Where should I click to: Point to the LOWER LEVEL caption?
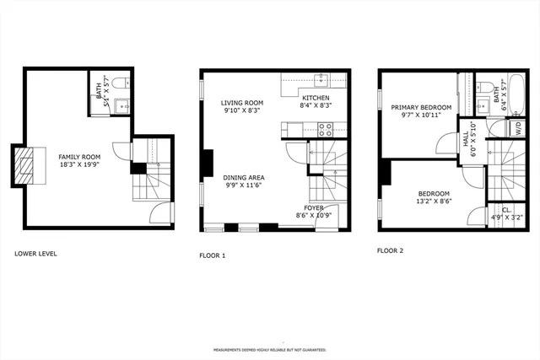(35, 253)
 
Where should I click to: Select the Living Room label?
(243, 102)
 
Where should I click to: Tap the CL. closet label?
(506, 209)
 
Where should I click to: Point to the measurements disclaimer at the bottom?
(269, 348)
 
